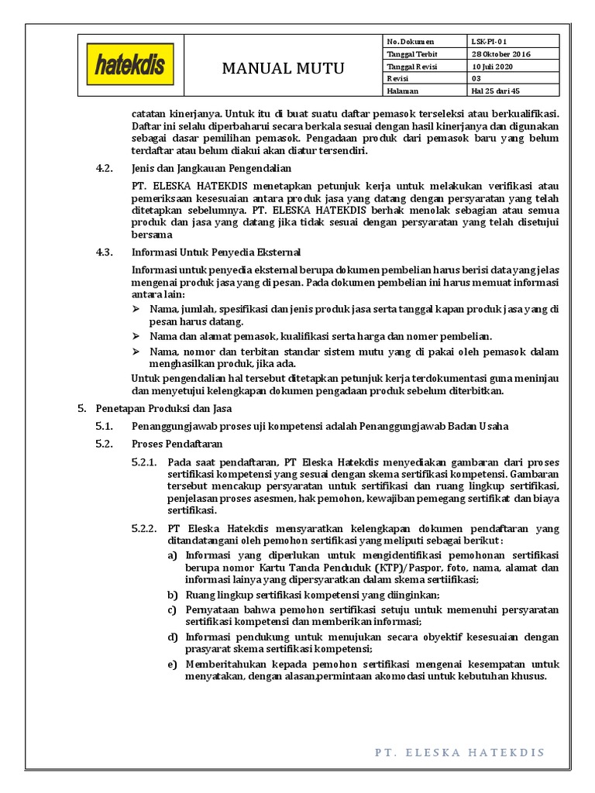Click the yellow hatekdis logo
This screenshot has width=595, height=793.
click(129, 67)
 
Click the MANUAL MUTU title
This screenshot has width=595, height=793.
click(283, 68)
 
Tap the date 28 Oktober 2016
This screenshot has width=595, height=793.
click(500, 53)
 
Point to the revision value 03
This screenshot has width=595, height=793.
click(476, 78)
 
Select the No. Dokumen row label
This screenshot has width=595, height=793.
click(411, 41)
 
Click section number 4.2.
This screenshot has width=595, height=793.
click(105, 168)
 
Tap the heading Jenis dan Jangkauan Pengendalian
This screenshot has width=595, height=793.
click(212, 168)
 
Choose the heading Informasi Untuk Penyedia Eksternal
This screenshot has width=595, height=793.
click(216, 252)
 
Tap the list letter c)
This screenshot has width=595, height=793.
click(173, 610)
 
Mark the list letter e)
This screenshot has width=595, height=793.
click(173, 664)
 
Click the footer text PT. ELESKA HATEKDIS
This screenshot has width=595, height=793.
click(459, 752)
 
